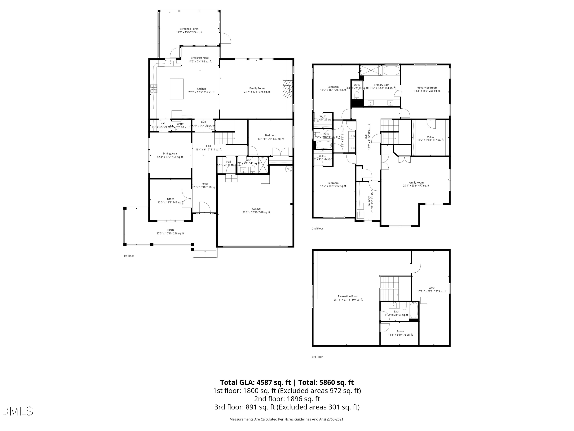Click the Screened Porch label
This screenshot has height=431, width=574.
(x=189, y=31)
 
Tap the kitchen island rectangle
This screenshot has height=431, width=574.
(x=177, y=89)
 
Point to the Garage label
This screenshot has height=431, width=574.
(x=256, y=211)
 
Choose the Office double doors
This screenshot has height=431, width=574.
(x=187, y=198)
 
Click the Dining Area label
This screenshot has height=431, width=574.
(x=170, y=155)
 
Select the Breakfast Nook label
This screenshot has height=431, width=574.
(x=200, y=60)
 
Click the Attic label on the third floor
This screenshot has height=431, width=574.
(x=431, y=290)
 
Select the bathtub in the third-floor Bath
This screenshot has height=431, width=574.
(x=414, y=311)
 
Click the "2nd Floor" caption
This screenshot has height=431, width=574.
(x=318, y=229)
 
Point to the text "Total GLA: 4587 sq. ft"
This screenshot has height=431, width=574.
(x=256, y=382)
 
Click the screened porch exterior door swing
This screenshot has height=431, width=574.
(x=226, y=38)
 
